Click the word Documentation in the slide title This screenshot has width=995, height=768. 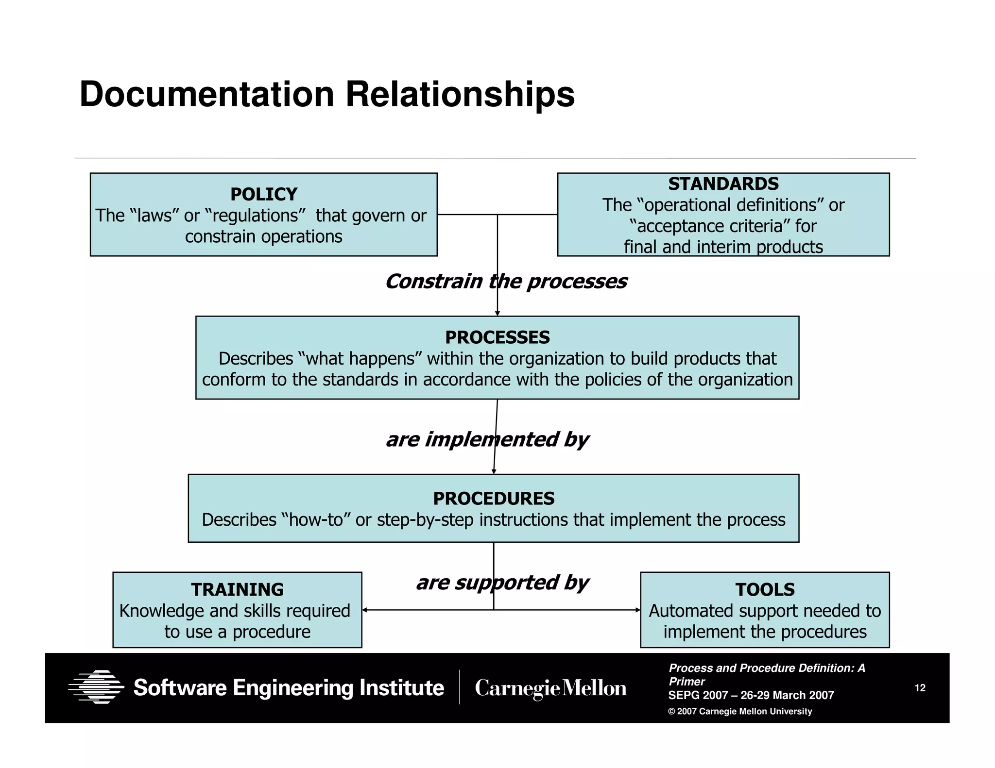[x=206, y=94]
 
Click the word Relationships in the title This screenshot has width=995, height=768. [x=460, y=94]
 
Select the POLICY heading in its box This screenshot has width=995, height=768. [x=263, y=194]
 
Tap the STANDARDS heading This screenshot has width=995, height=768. [x=723, y=184]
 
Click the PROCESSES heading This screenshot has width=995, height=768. [x=497, y=337]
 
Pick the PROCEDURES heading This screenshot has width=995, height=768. [x=493, y=499]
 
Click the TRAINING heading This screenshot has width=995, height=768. [x=237, y=589]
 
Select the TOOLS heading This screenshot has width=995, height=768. [x=765, y=589]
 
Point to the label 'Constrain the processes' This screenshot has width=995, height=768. [x=505, y=282]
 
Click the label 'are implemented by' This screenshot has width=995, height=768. [x=487, y=439]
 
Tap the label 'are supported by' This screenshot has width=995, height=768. [x=502, y=583]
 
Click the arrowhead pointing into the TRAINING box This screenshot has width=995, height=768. [x=365, y=610]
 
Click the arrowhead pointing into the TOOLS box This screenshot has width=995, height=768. [x=637, y=610]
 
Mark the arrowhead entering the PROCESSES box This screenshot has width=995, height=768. [x=497, y=314]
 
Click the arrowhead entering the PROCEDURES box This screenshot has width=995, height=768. [x=494, y=471]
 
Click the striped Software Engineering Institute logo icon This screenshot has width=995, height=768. [x=96, y=687]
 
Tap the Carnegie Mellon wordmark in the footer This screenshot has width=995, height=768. [x=550, y=688]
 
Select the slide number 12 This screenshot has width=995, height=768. [x=920, y=688]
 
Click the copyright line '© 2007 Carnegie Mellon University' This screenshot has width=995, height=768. [x=740, y=711]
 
